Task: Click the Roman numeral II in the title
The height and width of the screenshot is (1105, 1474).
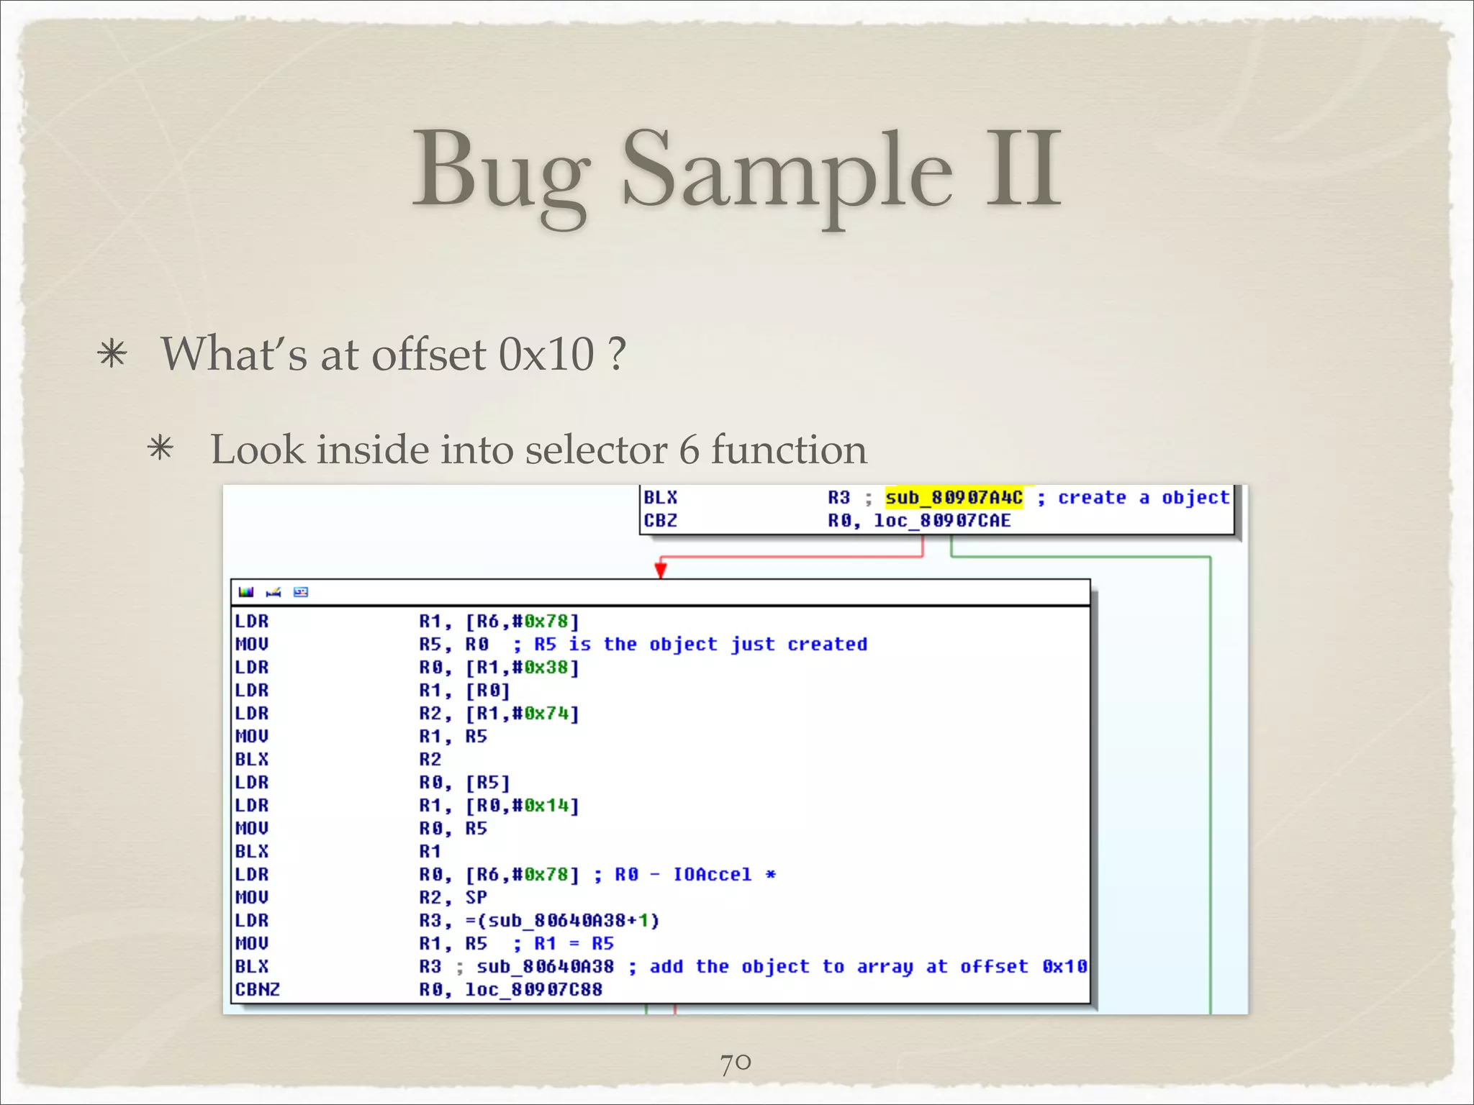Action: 1023,170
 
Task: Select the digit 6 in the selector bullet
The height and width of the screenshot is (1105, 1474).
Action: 689,450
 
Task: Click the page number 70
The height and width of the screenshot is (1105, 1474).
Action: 736,1063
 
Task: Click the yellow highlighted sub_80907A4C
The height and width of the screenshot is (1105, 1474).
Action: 954,498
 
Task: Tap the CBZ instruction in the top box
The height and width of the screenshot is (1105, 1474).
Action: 661,521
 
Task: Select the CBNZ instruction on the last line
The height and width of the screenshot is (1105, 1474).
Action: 257,990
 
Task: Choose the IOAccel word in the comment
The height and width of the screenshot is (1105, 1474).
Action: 712,875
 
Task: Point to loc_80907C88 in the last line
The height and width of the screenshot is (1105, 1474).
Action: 533,990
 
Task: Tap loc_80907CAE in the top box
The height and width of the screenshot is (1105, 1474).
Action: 942,521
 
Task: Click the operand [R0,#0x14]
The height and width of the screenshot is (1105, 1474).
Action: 522,806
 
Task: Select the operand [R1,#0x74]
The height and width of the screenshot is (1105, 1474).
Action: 522,714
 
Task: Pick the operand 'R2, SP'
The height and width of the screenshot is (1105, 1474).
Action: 453,898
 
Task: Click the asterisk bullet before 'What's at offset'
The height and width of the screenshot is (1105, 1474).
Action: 112,355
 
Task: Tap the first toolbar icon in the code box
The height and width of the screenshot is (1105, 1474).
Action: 246,592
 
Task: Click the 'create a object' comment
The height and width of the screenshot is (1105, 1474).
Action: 1144,498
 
